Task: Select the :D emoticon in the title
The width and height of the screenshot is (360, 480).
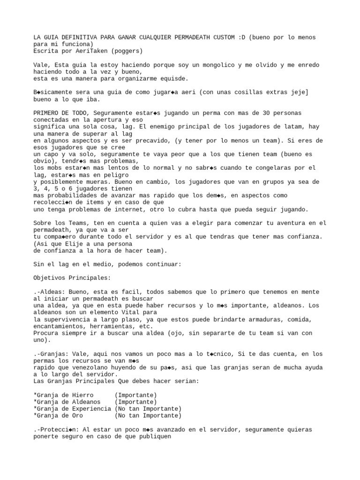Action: pyautogui.click(x=241, y=37)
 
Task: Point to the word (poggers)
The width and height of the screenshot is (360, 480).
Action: pyautogui.click(x=126, y=51)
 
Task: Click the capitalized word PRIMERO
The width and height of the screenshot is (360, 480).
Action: pyautogui.click(x=47, y=113)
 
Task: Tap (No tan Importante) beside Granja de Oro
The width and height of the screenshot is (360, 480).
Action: pyautogui.click(x=147, y=416)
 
